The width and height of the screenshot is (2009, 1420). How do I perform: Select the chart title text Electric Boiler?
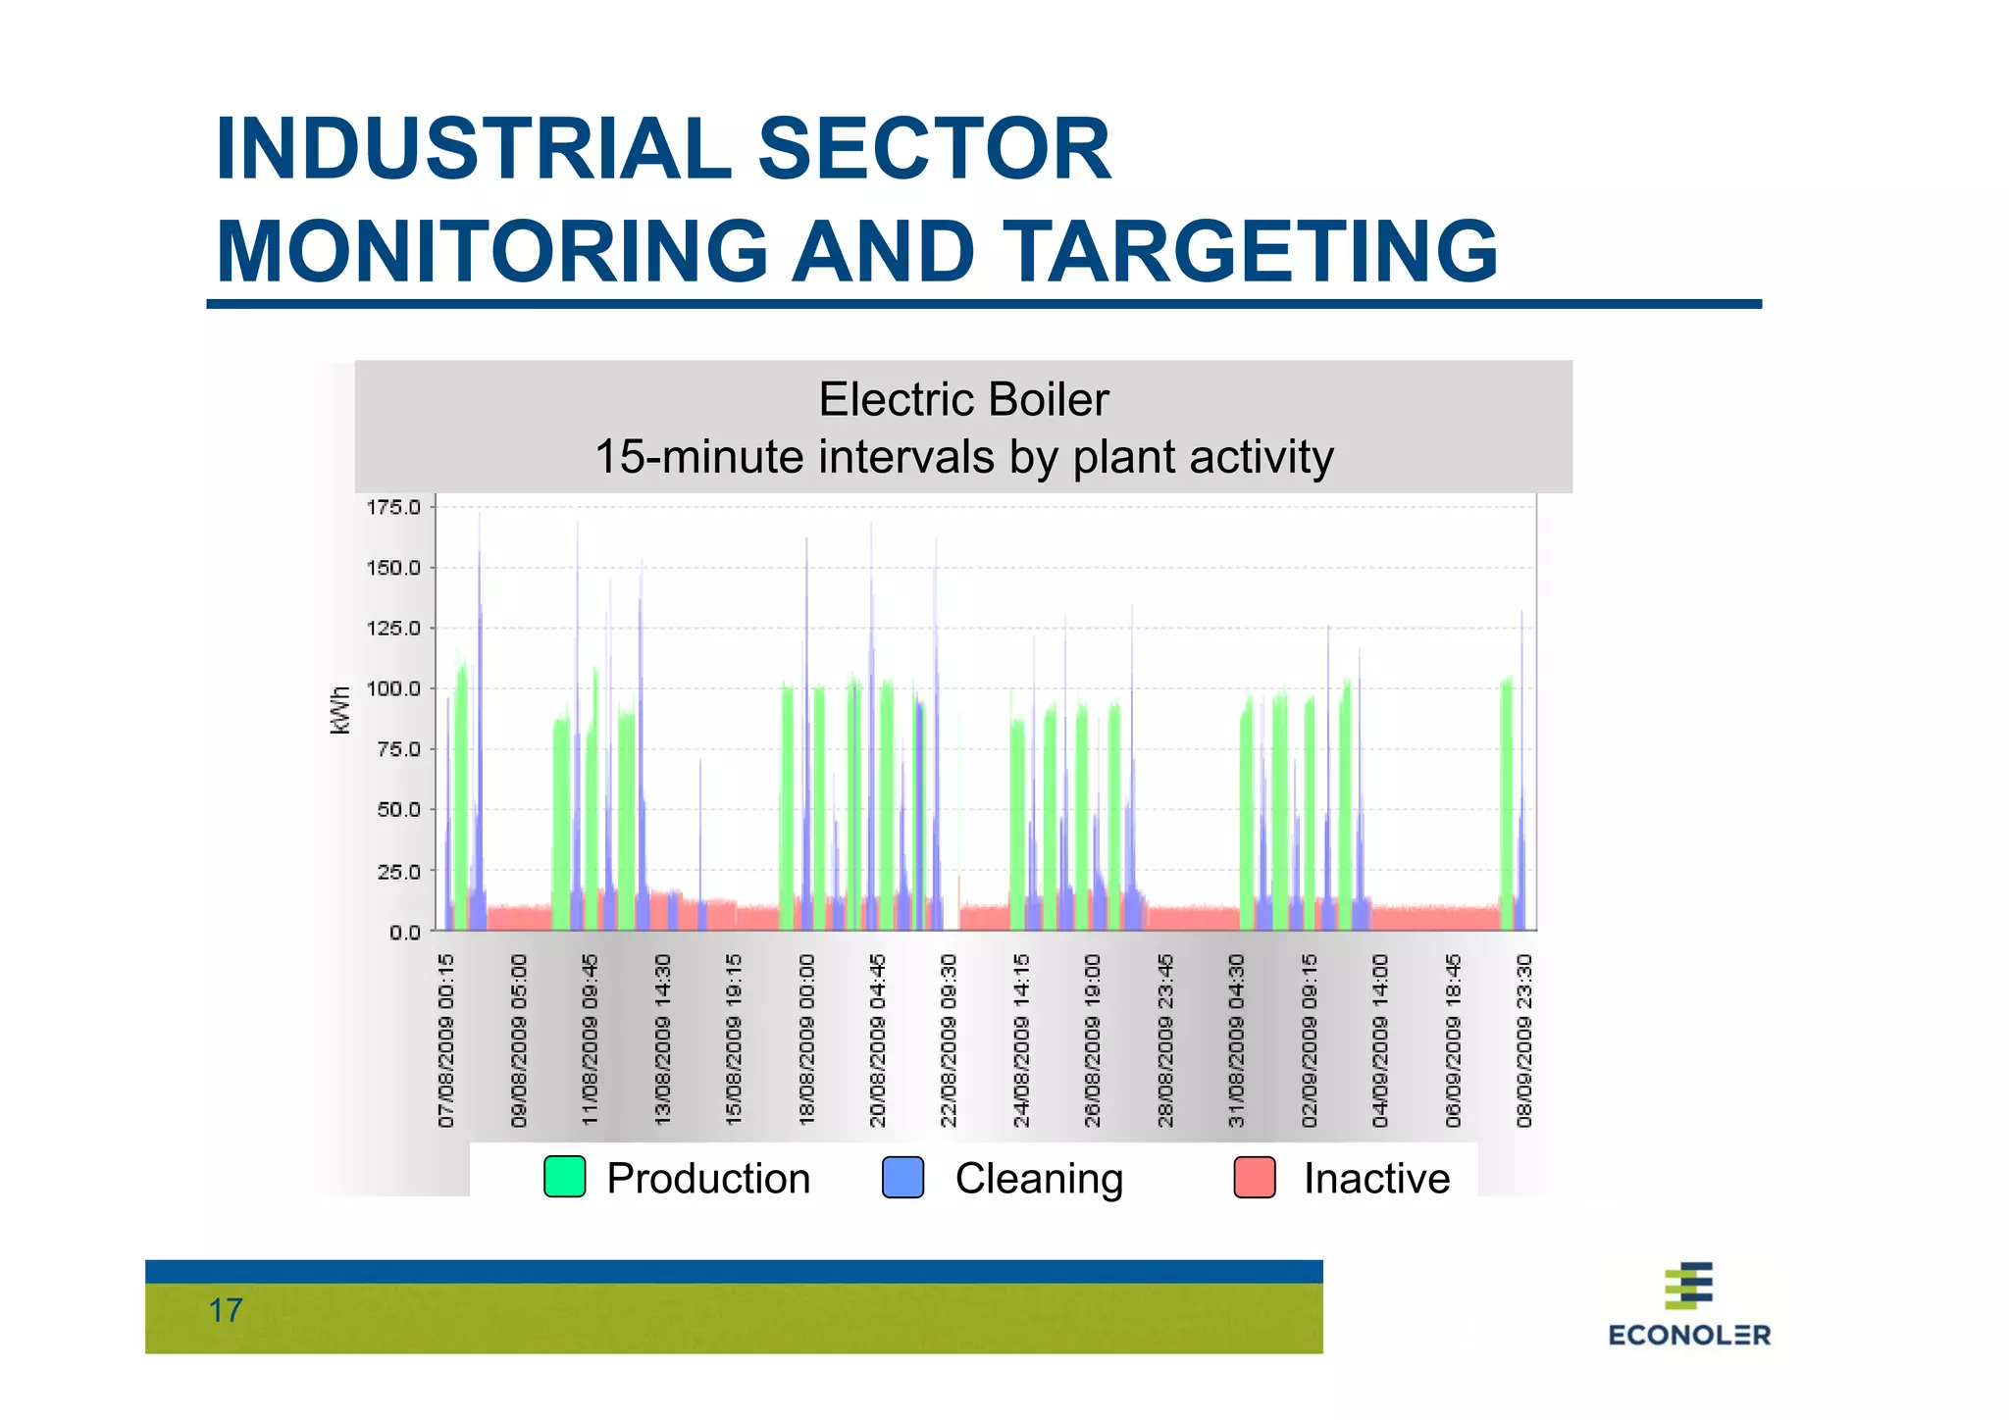pos(963,400)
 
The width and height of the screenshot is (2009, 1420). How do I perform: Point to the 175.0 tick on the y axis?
pos(393,507)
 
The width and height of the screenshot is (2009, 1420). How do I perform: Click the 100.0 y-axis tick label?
pos(393,688)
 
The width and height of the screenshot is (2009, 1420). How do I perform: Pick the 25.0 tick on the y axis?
pos(398,871)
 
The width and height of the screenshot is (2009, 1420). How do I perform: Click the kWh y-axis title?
pos(340,710)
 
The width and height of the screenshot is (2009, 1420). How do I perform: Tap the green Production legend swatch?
pos(565,1177)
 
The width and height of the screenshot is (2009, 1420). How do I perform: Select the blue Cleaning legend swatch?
pos(902,1177)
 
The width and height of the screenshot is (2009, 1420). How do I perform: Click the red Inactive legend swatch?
pos(1255,1177)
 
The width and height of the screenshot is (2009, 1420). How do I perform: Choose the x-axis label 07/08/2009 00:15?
pos(447,1040)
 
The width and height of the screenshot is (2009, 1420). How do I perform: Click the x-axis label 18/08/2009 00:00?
pos(807,1040)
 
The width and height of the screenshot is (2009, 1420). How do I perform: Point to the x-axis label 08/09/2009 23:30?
pos(1523,1040)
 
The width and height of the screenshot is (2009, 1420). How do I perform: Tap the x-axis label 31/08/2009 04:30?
pos(1236,1040)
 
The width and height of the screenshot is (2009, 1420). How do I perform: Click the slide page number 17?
pos(226,1311)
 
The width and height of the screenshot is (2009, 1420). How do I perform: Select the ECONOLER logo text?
pos(1689,1335)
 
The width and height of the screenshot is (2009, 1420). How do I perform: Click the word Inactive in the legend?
pos(1375,1178)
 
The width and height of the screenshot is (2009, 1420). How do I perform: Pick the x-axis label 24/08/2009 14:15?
pos(1021,1040)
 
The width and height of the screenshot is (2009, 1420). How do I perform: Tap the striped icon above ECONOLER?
pos(1689,1286)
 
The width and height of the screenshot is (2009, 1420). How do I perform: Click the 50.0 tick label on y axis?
pos(398,810)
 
